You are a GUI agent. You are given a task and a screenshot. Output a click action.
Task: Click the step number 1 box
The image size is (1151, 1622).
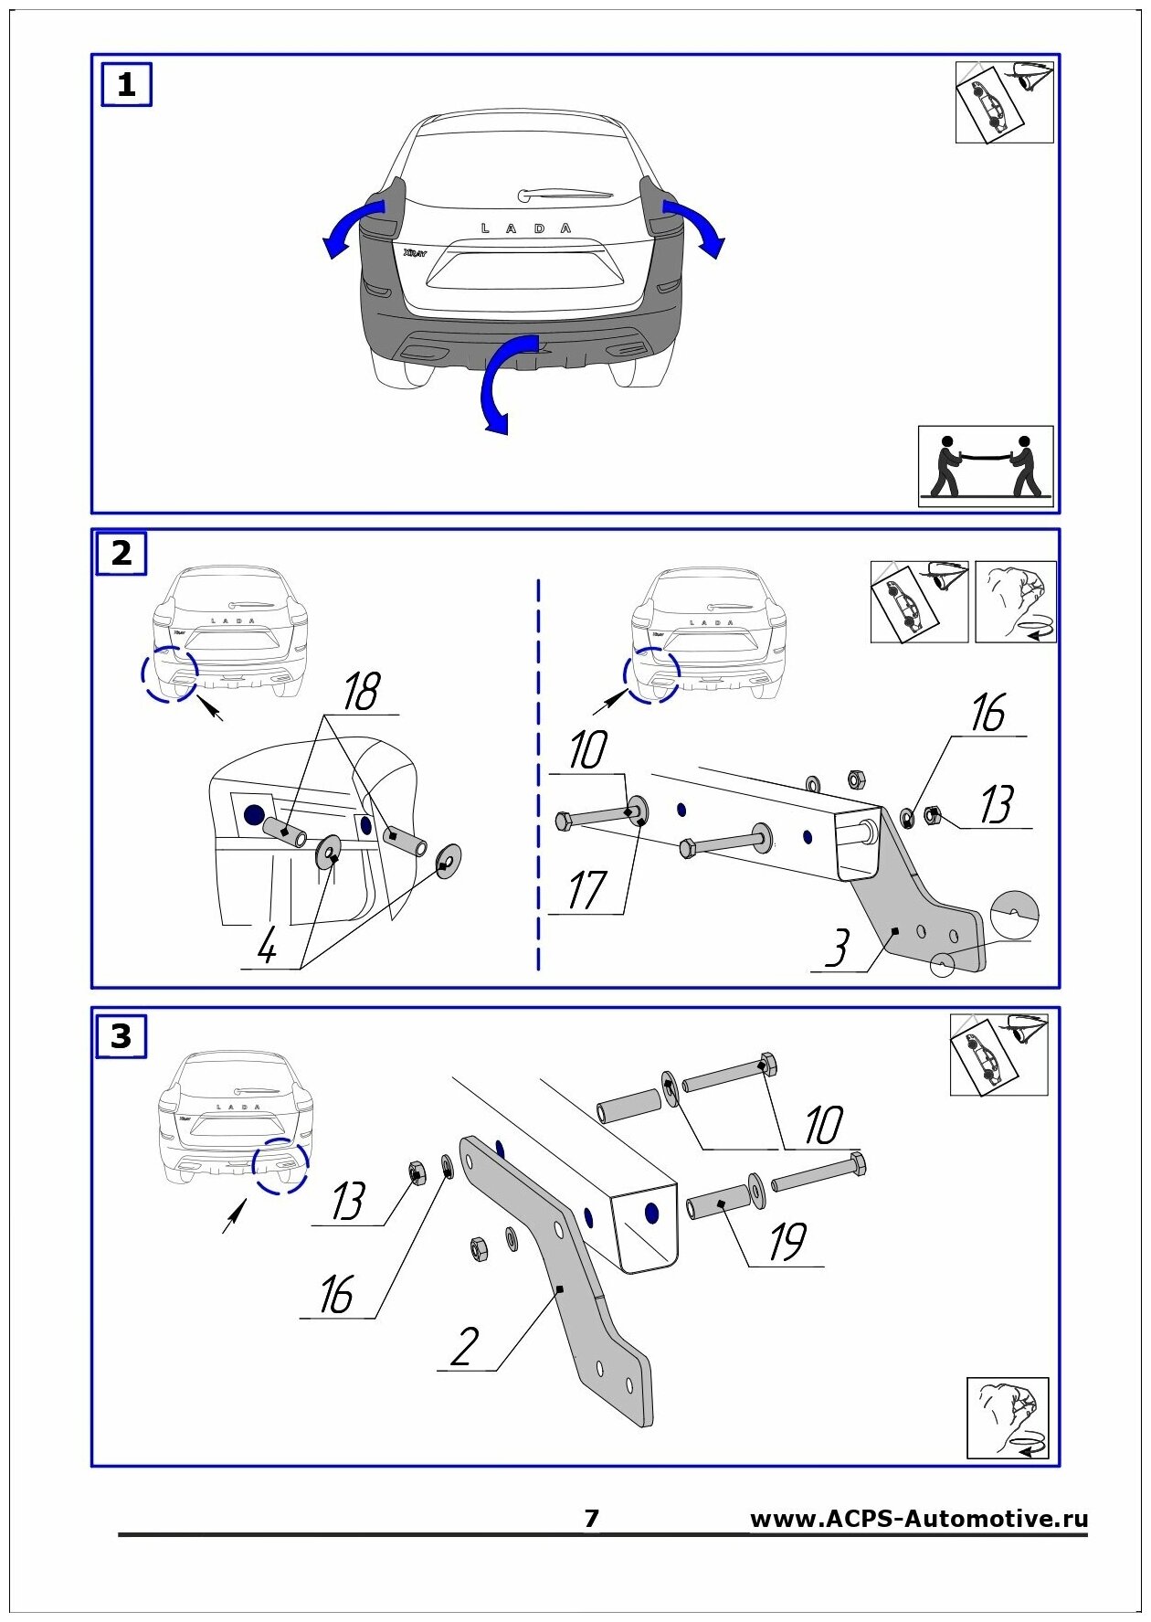click(x=126, y=85)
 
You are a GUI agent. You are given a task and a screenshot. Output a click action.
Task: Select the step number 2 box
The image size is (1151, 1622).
click(x=121, y=553)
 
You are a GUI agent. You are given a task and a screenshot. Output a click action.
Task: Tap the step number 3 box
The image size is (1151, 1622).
click(x=121, y=1036)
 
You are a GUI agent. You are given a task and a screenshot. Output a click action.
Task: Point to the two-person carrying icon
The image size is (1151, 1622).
click(x=985, y=465)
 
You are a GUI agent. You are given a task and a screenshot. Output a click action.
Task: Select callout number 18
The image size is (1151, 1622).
click(x=361, y=692)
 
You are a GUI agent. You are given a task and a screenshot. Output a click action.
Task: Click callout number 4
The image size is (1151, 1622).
click(x=267, y=946)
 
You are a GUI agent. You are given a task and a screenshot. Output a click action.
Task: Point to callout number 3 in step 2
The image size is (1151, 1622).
click(x=837, y=948)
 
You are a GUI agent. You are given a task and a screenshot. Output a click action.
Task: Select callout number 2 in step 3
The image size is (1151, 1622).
click(x=465, y=1346)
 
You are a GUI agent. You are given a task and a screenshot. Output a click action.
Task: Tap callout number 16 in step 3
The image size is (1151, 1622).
click(x=336, y=1295)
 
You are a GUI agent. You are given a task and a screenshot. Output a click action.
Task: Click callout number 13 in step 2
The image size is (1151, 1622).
click(x=997, y=805)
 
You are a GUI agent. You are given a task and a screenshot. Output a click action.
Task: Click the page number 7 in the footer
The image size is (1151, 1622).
click(x=591, y=1518)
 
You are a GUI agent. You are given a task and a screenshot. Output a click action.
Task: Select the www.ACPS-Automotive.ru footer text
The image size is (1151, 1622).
click(x=918, y=1519)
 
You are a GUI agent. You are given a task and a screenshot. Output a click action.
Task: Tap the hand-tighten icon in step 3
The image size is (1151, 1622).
click(x=1008, y=1418)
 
